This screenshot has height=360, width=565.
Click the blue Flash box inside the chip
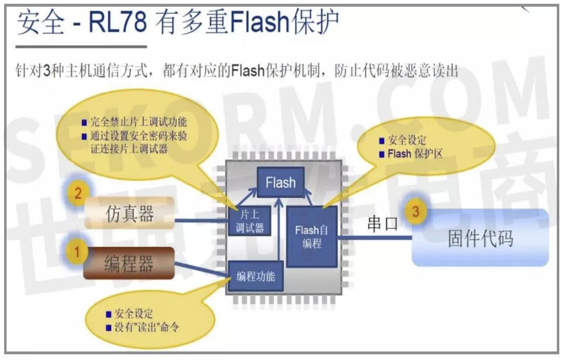pos(281,183)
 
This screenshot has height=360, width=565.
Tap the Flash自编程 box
pos(311,236)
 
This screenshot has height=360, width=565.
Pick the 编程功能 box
pos(256,276)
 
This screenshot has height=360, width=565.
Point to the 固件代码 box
pos(480,238)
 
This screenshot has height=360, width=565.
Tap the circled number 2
pos(78,194)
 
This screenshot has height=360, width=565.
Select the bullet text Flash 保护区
pos(415,154)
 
